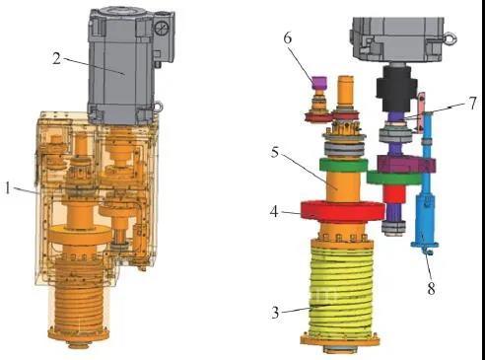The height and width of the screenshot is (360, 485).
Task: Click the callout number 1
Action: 7,188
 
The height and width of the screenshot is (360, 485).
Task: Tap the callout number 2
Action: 57,58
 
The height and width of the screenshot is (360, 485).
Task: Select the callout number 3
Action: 275,312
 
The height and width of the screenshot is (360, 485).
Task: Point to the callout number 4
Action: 274,212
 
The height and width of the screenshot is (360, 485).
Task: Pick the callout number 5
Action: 275,152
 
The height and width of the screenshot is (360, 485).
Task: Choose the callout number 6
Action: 287,38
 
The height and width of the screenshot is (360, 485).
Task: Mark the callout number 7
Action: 472,104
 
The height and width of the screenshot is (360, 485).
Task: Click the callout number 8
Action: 431,289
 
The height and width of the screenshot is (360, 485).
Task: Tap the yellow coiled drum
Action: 341,288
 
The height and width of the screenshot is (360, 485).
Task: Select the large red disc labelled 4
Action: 343,211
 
